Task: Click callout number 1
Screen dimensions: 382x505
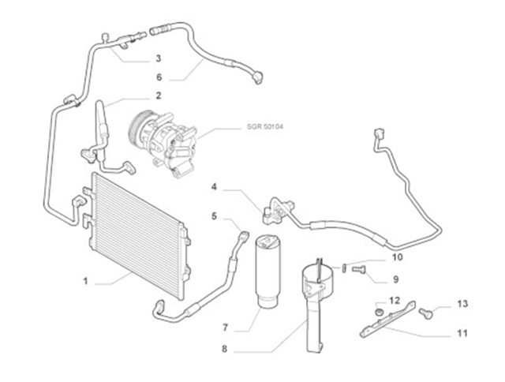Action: pos(87,280)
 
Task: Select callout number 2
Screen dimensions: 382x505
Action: pos(158,95)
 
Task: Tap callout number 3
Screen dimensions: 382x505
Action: pos(158,58)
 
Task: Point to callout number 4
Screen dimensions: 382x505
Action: pos(214,187)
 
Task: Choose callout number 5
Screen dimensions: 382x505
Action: pos(214,215)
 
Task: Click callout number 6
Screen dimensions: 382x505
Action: pos(158,77)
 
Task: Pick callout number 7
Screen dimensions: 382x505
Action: pos(225,326)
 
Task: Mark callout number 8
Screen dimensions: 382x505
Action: pos(225,348)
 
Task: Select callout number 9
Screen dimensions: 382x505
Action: pos(396,279)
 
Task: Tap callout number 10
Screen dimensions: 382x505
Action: pos(397,257)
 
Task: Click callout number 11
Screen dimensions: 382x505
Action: pos(462,332)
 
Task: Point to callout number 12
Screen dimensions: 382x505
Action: pos(394,301)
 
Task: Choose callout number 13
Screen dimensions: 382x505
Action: pos(462,304)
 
